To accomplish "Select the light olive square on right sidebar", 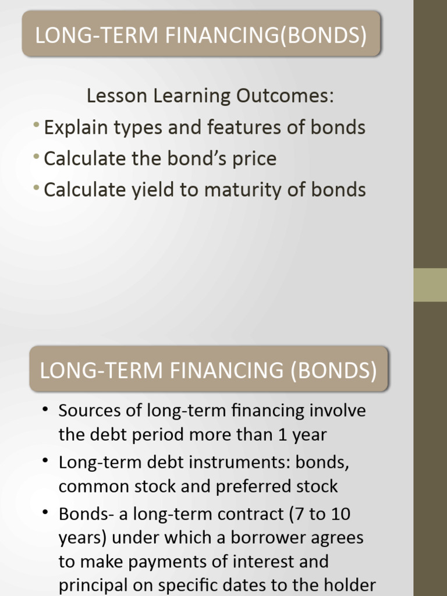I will point(430,285).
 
